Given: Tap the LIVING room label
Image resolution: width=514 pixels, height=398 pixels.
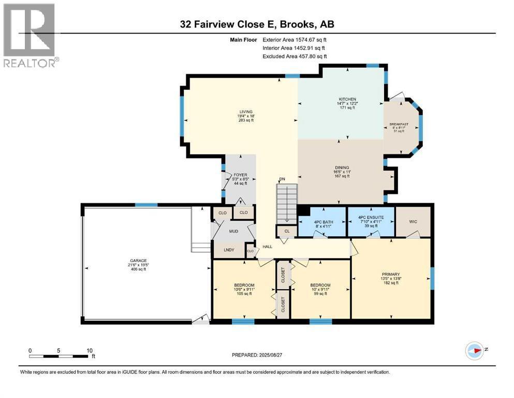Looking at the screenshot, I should point(245,111).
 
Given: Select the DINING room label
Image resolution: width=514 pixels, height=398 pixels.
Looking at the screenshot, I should point(342,167).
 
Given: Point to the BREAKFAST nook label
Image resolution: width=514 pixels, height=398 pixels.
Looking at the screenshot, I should point(399,124).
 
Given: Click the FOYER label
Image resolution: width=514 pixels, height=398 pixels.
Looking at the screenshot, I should point(239,175).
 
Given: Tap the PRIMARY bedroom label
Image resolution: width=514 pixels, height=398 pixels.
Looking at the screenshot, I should point(391,274).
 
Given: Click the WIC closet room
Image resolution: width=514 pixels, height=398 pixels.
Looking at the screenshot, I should point(414,222).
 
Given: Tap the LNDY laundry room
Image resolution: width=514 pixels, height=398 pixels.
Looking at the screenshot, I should point(229,250).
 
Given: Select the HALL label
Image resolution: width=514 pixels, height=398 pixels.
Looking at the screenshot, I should point(268,247).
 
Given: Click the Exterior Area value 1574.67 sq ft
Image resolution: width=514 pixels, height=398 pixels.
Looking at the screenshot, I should point(296,39).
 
